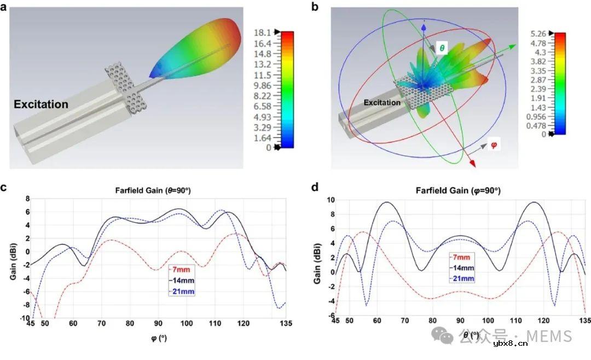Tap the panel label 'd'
[x=314, y=188]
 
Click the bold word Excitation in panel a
[x=41, y=104]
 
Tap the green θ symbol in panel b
[x=442, y=49]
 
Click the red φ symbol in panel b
[x=493, y=146]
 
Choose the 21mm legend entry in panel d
[x=462, y=278]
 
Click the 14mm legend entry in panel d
[x=462, y=268]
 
